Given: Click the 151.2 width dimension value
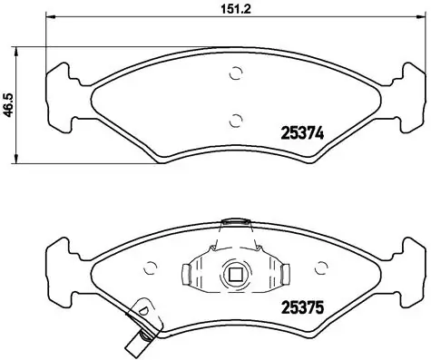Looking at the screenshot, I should pyautogui.click(x=224, y=10).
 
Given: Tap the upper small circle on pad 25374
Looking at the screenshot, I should pyautogui.click(x=236, y=75).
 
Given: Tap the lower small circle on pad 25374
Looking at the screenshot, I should pyautogui.click(x=236, y=118).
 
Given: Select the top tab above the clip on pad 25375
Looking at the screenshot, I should pyautogui.click(x=236, y=220).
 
